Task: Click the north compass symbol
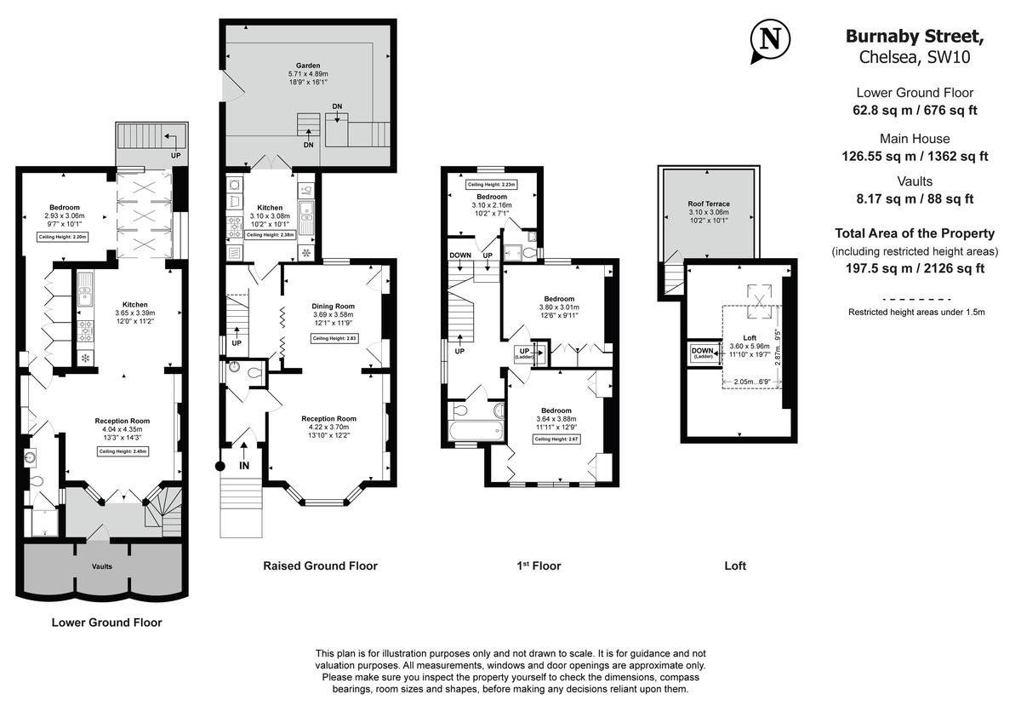(x=769, y=40)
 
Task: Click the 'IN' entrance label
(x=244, y=465)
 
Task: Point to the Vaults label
(x=101, y=565)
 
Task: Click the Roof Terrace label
(x=709, y=204)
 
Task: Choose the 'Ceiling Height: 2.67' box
(x=556, y=439)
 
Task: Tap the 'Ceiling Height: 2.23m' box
(x=491, y=185)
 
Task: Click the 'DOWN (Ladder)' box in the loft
(x=703, y=353)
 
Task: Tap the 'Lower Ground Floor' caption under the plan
(x=106, y=623)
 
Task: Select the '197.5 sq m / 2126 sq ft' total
(x=914, y=268)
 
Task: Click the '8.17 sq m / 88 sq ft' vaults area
(x=914, y=199)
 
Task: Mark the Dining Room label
(x=334, y=306)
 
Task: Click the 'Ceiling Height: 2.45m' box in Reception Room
(x=123, y=451)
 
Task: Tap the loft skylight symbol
(x=754, y=294)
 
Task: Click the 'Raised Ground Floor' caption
(x=320, y=565)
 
